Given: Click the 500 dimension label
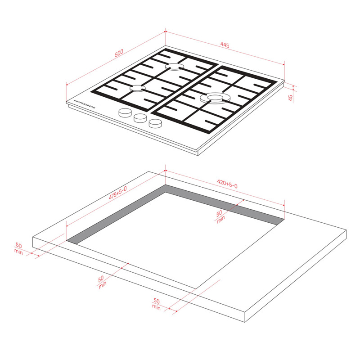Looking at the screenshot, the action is click(x=119, y=53).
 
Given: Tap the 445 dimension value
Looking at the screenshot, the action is click(x=225, y=45).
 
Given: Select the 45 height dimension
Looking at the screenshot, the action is click(x=290, y=98).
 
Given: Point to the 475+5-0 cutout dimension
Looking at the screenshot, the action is click(x=117, y=193).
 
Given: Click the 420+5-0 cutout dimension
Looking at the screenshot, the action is click(x=227, y=184).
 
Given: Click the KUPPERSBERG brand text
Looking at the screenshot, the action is click(x=85, y=104).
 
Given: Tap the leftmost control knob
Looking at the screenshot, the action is click(x=125, y=112).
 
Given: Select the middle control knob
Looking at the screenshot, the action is click(x=140, y=118).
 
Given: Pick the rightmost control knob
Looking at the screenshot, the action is click(x=155, y=123).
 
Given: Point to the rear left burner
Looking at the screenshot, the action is click(x=175, y=67).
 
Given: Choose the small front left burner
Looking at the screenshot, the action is click(x=138, y=88).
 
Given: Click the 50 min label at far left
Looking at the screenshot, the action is click(x=18, y=248).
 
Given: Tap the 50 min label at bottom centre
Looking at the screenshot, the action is click(x=156, y=304).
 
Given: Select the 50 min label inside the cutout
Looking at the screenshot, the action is click(x=220, y=216).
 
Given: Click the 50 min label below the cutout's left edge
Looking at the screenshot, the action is click(x=102, y=282).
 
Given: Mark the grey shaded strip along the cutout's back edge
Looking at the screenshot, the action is click(x=224, y=205).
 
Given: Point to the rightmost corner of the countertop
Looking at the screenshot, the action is click(x=346, y=230).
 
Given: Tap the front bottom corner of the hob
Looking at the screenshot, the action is click(x=198, y=155).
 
